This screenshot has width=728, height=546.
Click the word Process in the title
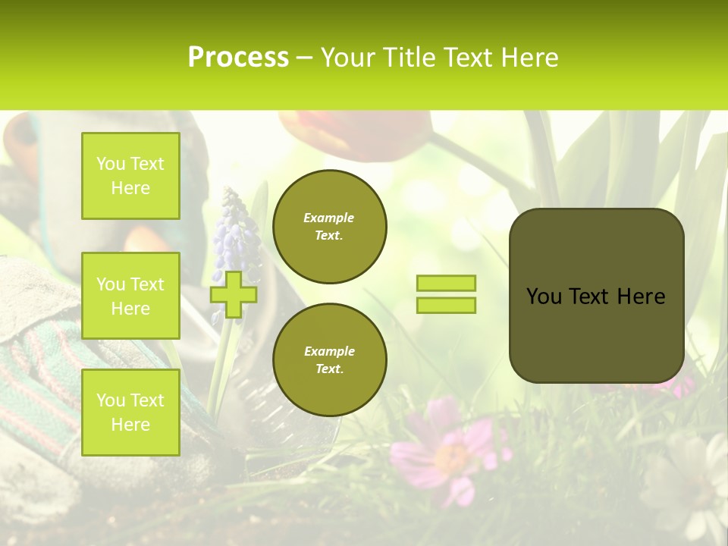238,58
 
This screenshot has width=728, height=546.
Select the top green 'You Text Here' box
130,176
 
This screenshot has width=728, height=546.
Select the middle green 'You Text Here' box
130,296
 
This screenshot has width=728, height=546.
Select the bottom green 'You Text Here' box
130,412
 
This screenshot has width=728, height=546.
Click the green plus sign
233,294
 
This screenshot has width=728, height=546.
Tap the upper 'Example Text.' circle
329,227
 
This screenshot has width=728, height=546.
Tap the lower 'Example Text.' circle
329,360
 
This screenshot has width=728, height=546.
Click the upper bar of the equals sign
446,283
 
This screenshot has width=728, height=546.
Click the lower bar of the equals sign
446,305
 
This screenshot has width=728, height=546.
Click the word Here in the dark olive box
641,297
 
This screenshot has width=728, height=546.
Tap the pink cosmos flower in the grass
447,451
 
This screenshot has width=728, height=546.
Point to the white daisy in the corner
694,485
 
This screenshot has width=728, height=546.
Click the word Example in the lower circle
329,351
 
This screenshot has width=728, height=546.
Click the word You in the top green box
110,164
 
